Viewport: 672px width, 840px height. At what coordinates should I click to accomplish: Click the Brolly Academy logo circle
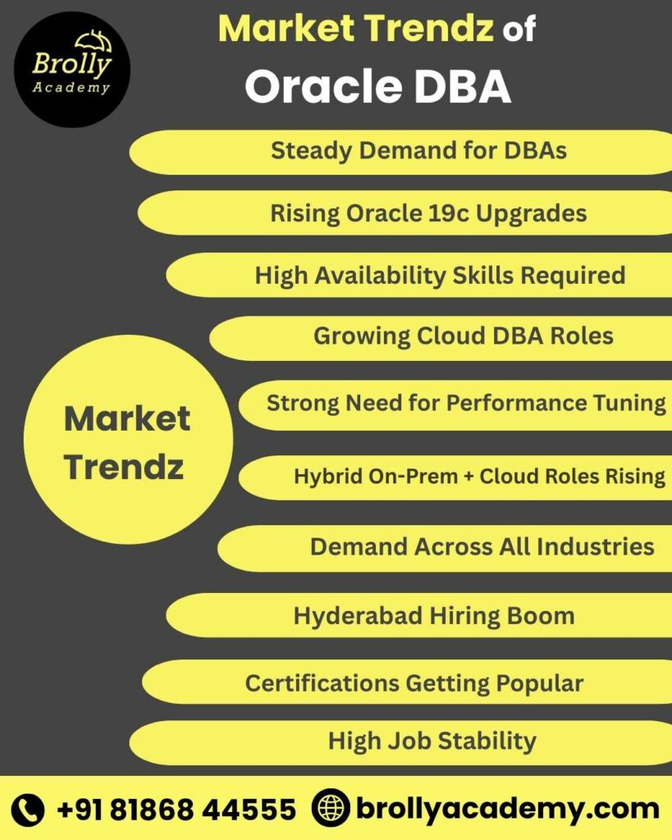[71, 69]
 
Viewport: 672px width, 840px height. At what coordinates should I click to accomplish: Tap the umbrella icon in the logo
[92, 42]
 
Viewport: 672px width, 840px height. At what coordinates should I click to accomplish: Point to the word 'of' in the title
[519, 30]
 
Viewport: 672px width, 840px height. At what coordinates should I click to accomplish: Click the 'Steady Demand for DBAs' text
[418, 151]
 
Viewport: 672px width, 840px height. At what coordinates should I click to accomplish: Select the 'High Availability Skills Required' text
[440, 275]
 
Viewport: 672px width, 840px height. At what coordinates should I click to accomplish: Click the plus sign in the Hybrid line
[468, 476]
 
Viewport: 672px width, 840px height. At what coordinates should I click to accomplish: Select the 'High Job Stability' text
[432, 741]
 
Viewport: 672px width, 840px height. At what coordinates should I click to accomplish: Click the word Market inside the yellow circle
[127, 419]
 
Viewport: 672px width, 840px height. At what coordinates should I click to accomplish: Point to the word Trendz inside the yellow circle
[124, 467]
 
